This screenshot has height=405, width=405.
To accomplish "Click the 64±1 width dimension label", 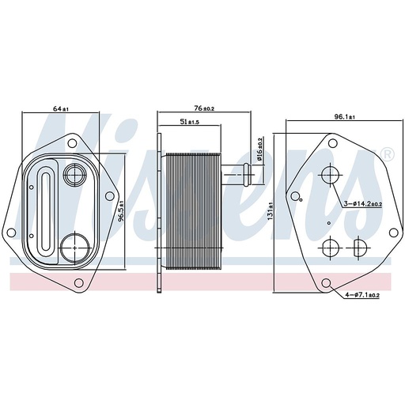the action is click(61, 108).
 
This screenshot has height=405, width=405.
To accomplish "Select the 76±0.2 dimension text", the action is click(204, 108).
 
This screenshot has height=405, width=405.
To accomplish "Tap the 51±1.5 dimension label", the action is click(189, 122).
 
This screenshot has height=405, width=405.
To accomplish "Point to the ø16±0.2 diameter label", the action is click(259, 150).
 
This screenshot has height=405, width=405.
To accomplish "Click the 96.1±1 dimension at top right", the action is click(344, 117).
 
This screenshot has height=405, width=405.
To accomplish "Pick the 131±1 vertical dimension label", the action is click(271, 211).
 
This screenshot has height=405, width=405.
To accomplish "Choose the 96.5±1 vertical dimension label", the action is click(121, 211).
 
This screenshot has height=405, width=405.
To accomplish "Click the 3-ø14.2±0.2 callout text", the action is click(363, 203).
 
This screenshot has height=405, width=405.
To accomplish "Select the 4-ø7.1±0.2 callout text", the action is click(362, 295).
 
